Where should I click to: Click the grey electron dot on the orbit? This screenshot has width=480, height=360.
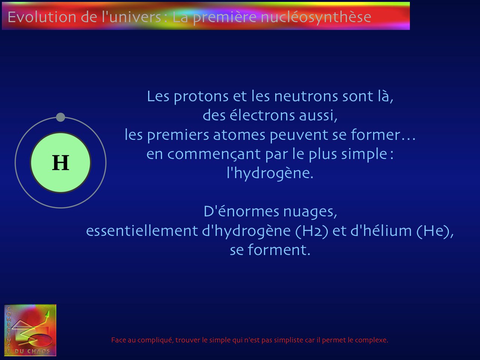pos(61,117)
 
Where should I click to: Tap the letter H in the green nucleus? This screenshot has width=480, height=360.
pos(61,162)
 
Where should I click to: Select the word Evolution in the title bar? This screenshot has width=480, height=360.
pos(42,17)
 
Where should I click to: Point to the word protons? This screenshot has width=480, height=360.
pos(201,97)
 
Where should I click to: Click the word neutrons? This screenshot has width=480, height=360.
pos(306,96)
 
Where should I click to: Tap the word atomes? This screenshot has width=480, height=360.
pos(239,135)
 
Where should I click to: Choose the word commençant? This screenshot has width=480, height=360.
pos(214,154)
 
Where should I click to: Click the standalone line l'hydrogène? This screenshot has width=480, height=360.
pos(270,174)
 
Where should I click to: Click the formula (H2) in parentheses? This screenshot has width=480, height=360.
pos(312,231)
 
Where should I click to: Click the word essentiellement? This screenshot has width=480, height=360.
pos(142,231)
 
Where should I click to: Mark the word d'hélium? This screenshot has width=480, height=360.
pos(381,231)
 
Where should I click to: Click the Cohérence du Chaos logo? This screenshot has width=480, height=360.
pos(30,330)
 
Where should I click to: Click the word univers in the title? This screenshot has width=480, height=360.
pos(135,17)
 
